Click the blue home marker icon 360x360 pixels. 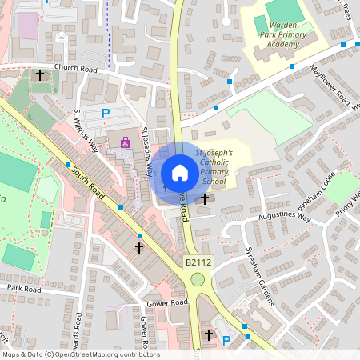coord(180,173)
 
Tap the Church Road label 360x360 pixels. coord(74,68)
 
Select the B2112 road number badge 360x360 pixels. coord(200,262)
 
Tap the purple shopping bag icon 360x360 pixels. coord(126,142)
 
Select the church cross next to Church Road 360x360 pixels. coord(40,75)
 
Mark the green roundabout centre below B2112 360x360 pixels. coord(197,279)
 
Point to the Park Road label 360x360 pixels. coord(24,287)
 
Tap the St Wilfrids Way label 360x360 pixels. coord(86,130)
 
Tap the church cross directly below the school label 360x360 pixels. coord(205,198)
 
